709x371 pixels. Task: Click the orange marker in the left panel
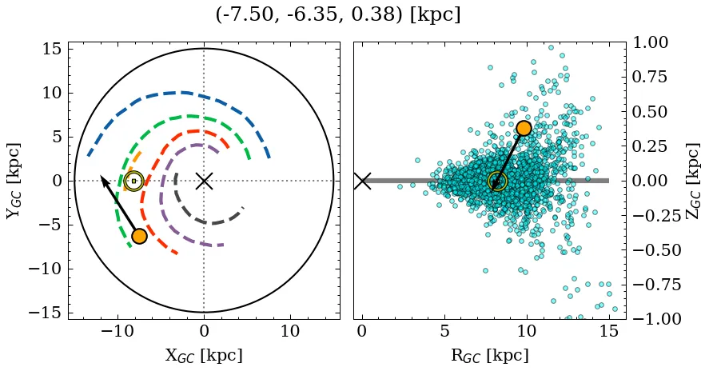pyautogui.click(x=139, y=236)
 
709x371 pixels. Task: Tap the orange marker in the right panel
pyautogui.click(x=524, y=128)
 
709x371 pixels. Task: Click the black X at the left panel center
pyautogui.click(x=204, y=181)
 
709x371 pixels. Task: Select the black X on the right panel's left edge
pyautogui.click(x=362, y=181)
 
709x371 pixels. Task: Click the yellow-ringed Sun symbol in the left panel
pyautogui.click(x=133, y=182)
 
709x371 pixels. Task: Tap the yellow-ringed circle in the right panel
pyautogui.click(x=497, y=182)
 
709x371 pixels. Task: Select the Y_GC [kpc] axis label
pyautogui.click(x=14, y=181)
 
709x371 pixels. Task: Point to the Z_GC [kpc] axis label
pyautogui.click(x=692, y=181)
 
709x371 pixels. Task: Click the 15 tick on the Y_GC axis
pyautogui.click(x=50, y=49)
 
